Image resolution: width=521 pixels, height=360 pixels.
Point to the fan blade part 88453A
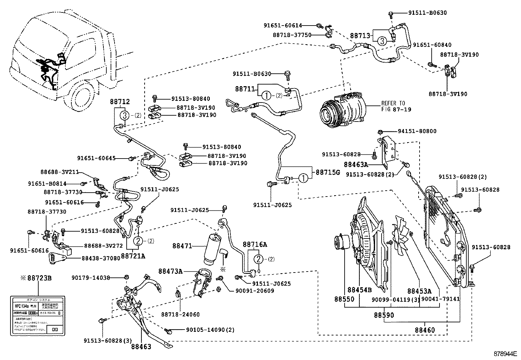(402, 236)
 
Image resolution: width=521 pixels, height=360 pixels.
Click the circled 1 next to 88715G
(303, 179)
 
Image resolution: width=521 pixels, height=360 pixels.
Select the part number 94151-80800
(417, 131)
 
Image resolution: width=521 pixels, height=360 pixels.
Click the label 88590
(384, 315)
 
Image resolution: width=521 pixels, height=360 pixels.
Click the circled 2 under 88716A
(259, 259)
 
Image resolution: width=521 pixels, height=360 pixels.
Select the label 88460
(424, 330)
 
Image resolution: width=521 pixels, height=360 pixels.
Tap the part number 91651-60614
(283, 25)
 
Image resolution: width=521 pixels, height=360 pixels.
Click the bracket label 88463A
(356, 164)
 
